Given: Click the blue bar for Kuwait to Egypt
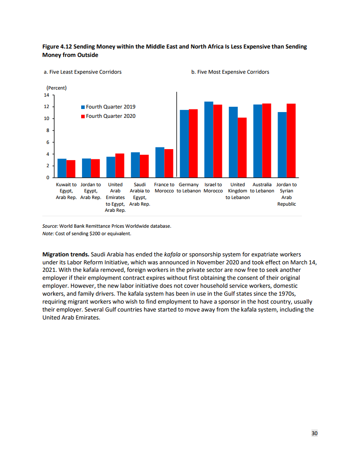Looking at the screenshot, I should click(x=62, y=168).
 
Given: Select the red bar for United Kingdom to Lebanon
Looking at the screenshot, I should click(x=242, y=147).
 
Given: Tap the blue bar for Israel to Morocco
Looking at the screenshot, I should click(x=209, y=139).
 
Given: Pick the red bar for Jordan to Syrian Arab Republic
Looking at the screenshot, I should click(x=291, y=140).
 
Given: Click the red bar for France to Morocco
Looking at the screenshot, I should click(x=169, y=163).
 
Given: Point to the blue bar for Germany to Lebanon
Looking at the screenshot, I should click(x=184, y=143).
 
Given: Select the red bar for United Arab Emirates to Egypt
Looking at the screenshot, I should click(x=120, y=165).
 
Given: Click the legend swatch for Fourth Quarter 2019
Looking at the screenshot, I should click(x=82, y=107).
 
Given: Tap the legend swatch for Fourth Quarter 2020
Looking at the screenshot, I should click(x=82, y=116).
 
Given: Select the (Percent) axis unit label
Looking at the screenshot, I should click(x=56, y=88).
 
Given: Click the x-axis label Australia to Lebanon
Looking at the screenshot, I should click(x=262, y=188).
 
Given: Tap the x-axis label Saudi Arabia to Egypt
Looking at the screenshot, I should click(x=140, y=194).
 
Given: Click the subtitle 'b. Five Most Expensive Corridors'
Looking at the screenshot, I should click(x=230, y=72).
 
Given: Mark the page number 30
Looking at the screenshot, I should click(x=315, y=433).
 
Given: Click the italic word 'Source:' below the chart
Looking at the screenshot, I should click(x=50, y=226).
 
